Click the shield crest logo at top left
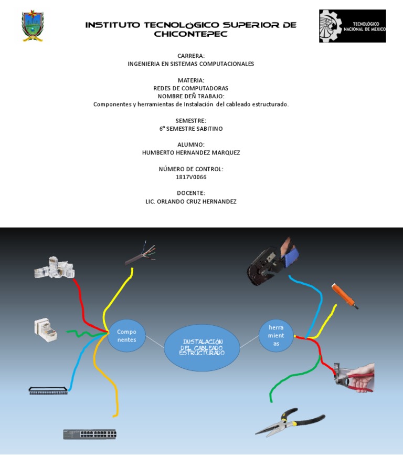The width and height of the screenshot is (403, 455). coord(33,26)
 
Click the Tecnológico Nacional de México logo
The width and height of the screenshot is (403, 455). coord(352,26)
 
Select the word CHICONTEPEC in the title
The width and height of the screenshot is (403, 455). coord(190,34)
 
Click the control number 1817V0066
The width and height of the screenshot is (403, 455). coord(191,177)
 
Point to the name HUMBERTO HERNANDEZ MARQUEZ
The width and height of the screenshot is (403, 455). coord(191,152)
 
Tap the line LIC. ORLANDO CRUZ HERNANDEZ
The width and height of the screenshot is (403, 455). coord(191,201)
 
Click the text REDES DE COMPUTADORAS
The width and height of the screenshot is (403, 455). coord(191,88)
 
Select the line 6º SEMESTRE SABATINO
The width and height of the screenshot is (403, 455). coord(191,128)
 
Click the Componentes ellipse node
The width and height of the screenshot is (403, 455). coord(126,336)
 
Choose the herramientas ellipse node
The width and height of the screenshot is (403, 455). coord(276,336)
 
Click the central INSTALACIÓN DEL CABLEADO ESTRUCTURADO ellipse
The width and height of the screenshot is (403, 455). coord(202,347)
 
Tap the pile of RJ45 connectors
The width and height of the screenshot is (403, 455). coord(54,267)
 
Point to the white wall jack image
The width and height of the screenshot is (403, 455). coord(46,329)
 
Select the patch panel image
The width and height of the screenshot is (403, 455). coord(48,390)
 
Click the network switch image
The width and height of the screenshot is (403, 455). coord(90,434)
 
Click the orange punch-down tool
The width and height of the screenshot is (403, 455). coord(345,296)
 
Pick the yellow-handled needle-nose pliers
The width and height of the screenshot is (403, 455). coord(290,422)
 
